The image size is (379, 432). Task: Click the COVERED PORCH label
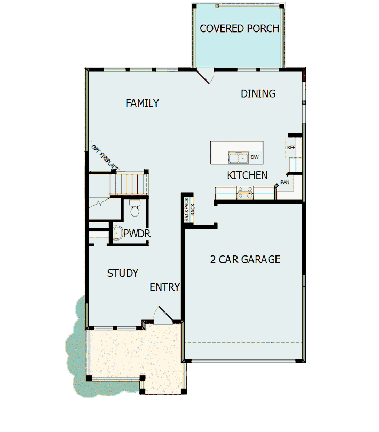239,28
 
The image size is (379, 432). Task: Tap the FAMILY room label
142,103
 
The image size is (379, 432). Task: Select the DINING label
258,94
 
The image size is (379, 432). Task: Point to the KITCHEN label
247,175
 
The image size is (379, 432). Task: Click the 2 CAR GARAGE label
245,260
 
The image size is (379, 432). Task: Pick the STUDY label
122,273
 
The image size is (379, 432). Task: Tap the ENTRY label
164,287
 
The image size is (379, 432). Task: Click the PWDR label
137,234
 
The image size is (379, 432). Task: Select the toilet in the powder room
135,209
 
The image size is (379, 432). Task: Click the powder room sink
117,234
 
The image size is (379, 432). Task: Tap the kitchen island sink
238,157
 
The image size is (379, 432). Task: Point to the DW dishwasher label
255,157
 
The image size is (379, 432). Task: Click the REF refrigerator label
291,148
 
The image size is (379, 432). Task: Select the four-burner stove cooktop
245,193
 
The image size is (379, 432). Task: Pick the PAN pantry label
285,182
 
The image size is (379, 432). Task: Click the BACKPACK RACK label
189,210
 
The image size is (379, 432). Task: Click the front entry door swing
163,315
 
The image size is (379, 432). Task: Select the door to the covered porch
206,75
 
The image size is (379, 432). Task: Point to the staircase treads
128,183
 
